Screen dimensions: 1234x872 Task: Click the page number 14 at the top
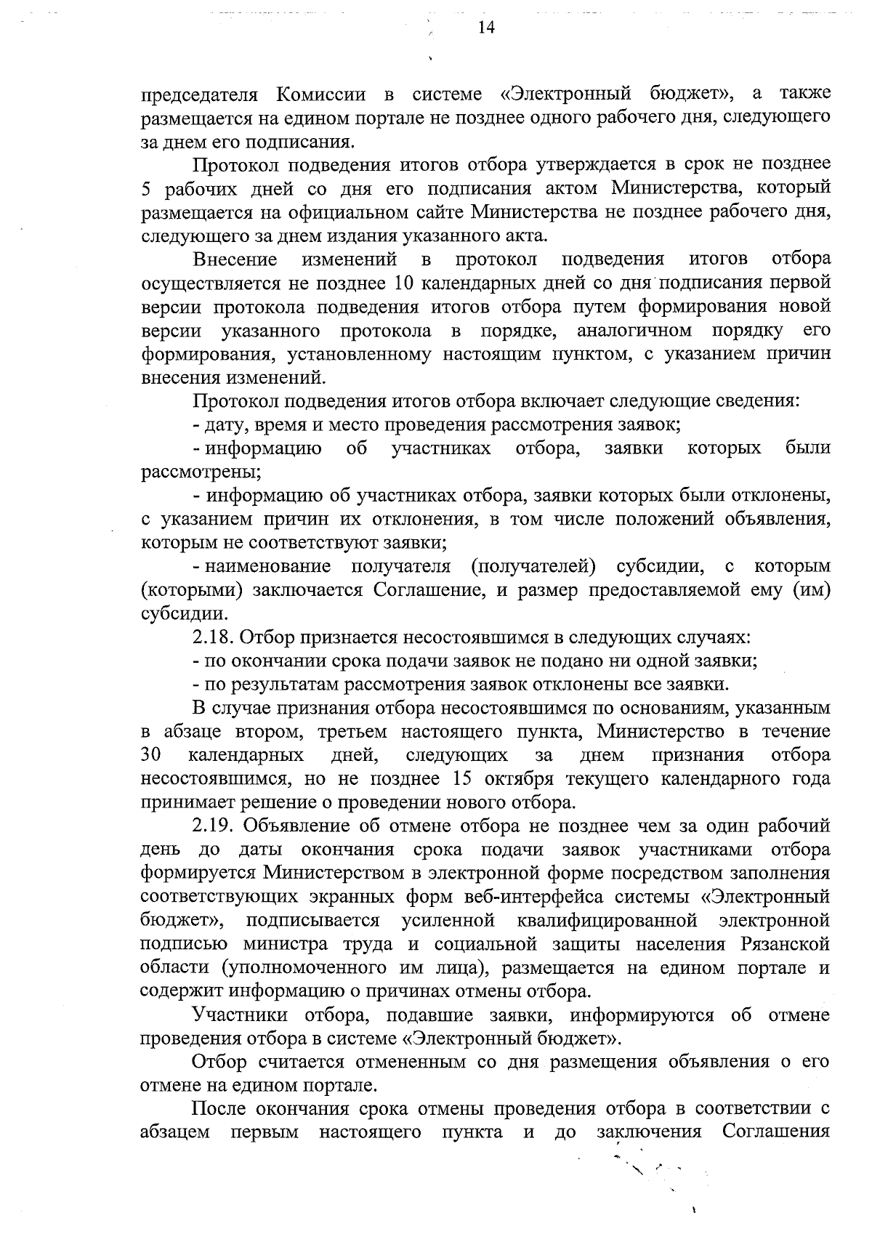(486, 28)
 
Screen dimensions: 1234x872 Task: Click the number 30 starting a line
(150, 755)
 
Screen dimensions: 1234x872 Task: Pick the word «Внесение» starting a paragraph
(235, 259)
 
